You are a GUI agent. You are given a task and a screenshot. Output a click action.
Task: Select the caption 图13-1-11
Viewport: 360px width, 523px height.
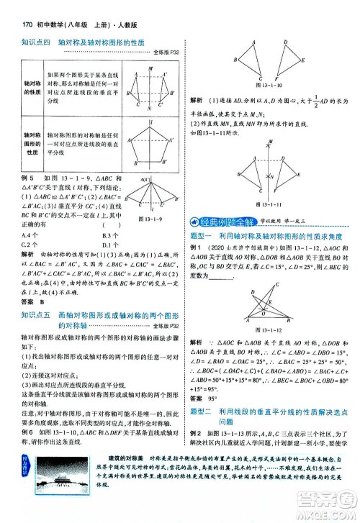click(x=268, y=208)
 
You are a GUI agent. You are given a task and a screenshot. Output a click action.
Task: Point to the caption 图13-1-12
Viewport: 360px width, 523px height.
click(x=268, y=329)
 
